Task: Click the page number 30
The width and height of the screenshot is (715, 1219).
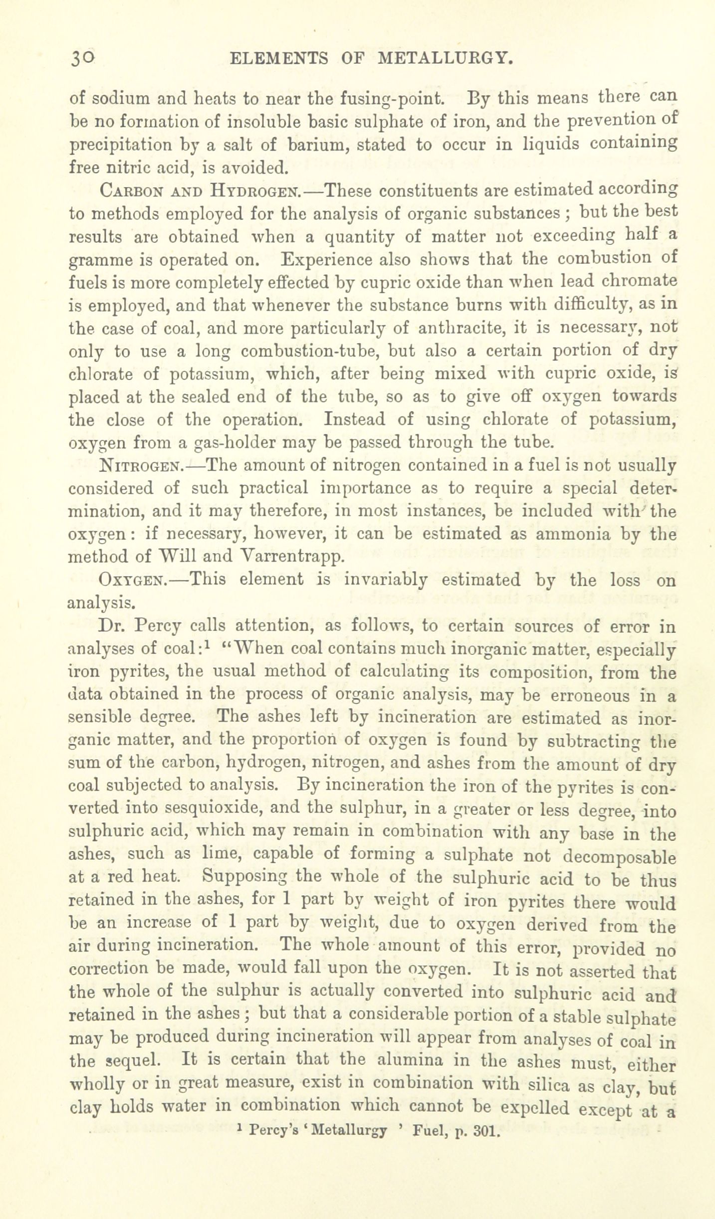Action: click(x=82, y=59)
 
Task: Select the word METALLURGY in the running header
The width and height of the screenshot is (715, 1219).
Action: click(x=446, y=59)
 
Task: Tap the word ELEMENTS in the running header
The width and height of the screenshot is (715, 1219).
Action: click(x=278, y=59)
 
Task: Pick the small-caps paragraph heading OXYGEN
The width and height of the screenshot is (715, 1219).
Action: click(x=132, y=581)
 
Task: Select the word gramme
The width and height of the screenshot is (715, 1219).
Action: click(x=100, y=260)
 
